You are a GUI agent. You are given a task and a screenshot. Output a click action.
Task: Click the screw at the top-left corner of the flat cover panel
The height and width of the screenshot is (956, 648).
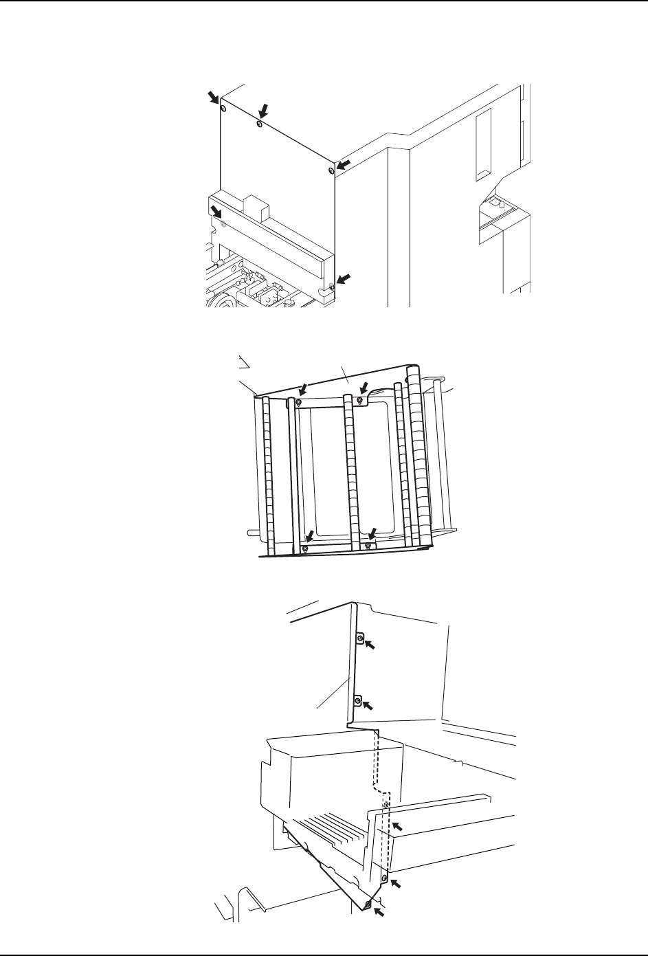pos(223,109)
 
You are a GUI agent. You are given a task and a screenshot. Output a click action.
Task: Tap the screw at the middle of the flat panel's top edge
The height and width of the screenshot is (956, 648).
pos(258,124)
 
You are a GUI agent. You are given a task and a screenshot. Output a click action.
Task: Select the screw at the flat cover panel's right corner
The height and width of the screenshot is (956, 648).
pos(332,170)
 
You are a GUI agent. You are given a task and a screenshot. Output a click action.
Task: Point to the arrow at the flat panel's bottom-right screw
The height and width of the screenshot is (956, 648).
pos(346,278)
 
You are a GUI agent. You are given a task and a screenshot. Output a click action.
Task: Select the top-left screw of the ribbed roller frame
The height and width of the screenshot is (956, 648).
pos(298,401)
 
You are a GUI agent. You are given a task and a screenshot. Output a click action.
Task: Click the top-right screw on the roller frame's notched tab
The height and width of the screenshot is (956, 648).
pos(358,400)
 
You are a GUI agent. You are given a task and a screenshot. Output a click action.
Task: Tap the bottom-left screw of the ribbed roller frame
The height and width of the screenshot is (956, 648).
pos(305,548)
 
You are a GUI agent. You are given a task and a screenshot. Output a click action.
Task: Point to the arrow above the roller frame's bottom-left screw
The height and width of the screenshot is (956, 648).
pos(311,535)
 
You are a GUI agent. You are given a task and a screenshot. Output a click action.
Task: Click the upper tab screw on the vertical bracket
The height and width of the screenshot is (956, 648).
pos(359,639)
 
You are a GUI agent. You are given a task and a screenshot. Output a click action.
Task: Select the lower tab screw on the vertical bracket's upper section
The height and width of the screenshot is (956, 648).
pos(358,700)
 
